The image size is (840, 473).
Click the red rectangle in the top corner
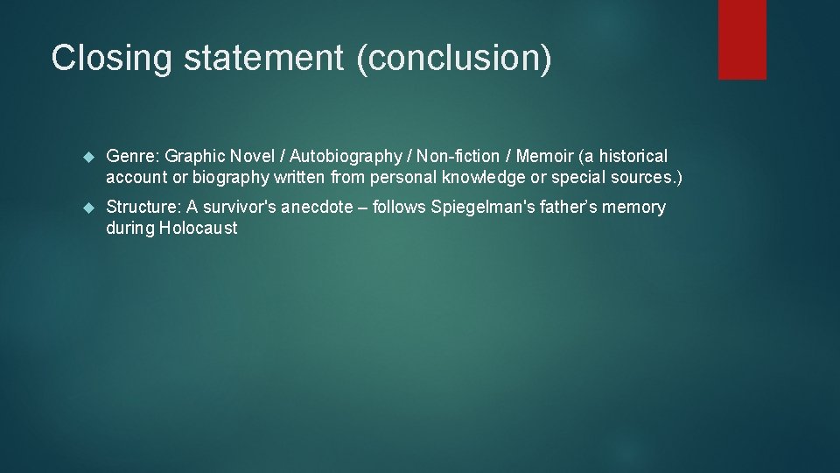click(x=742, y=39)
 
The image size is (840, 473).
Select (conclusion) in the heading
click(x=453, y=58)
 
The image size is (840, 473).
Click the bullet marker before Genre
click(x=87, y=157)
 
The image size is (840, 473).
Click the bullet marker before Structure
click(x=87, y=208)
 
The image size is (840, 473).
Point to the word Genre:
click(x=133, y=157)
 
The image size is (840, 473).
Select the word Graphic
click(x=194, y=157)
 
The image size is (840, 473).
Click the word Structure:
click(x=143, y=208)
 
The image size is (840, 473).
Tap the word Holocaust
click(x=199, y=229)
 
